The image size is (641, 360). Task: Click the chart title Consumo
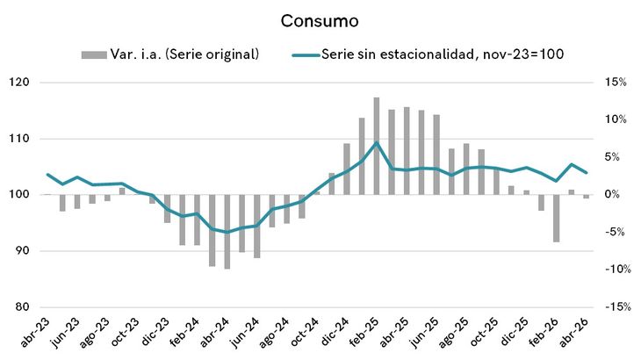tap(320, 21)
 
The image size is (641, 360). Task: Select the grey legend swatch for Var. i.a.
tap(94, 54)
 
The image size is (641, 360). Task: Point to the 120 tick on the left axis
tap(19, 83)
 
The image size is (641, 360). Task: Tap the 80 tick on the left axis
tap(22, 307)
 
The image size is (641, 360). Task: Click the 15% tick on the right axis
tap(616, 83)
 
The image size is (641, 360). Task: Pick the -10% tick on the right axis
tap(618, 270)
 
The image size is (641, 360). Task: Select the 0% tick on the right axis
tap(612, 195)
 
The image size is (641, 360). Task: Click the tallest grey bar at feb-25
tap(377, 146)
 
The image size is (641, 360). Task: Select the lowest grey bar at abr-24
tap(227, 232)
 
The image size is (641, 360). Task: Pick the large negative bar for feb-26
tap(556, 219)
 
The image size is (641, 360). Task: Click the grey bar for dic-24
tap(347, 169)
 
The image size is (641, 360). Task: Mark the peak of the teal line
tap(377, 142)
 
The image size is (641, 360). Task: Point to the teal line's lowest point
tap(227, 232)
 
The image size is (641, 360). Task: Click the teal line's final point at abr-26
tap(587, 172)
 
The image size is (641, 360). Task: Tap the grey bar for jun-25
tap(436, 155)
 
